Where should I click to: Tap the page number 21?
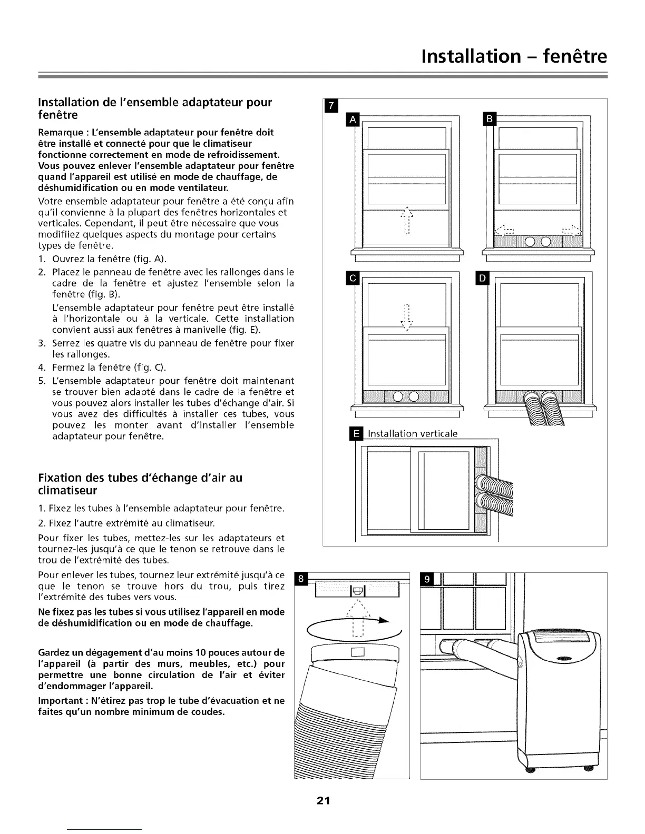pos(323,801)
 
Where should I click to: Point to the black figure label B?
pos(490,120)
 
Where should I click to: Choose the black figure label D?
pos(483,278)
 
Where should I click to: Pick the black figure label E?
pos(357,434)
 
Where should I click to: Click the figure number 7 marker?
pos(330,106)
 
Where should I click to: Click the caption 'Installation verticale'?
pos(413,434)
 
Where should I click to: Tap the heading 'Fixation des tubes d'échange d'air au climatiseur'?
pos(140,484)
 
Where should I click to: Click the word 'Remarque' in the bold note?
pos(61,132)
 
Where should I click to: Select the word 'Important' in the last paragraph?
pos(61,701)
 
